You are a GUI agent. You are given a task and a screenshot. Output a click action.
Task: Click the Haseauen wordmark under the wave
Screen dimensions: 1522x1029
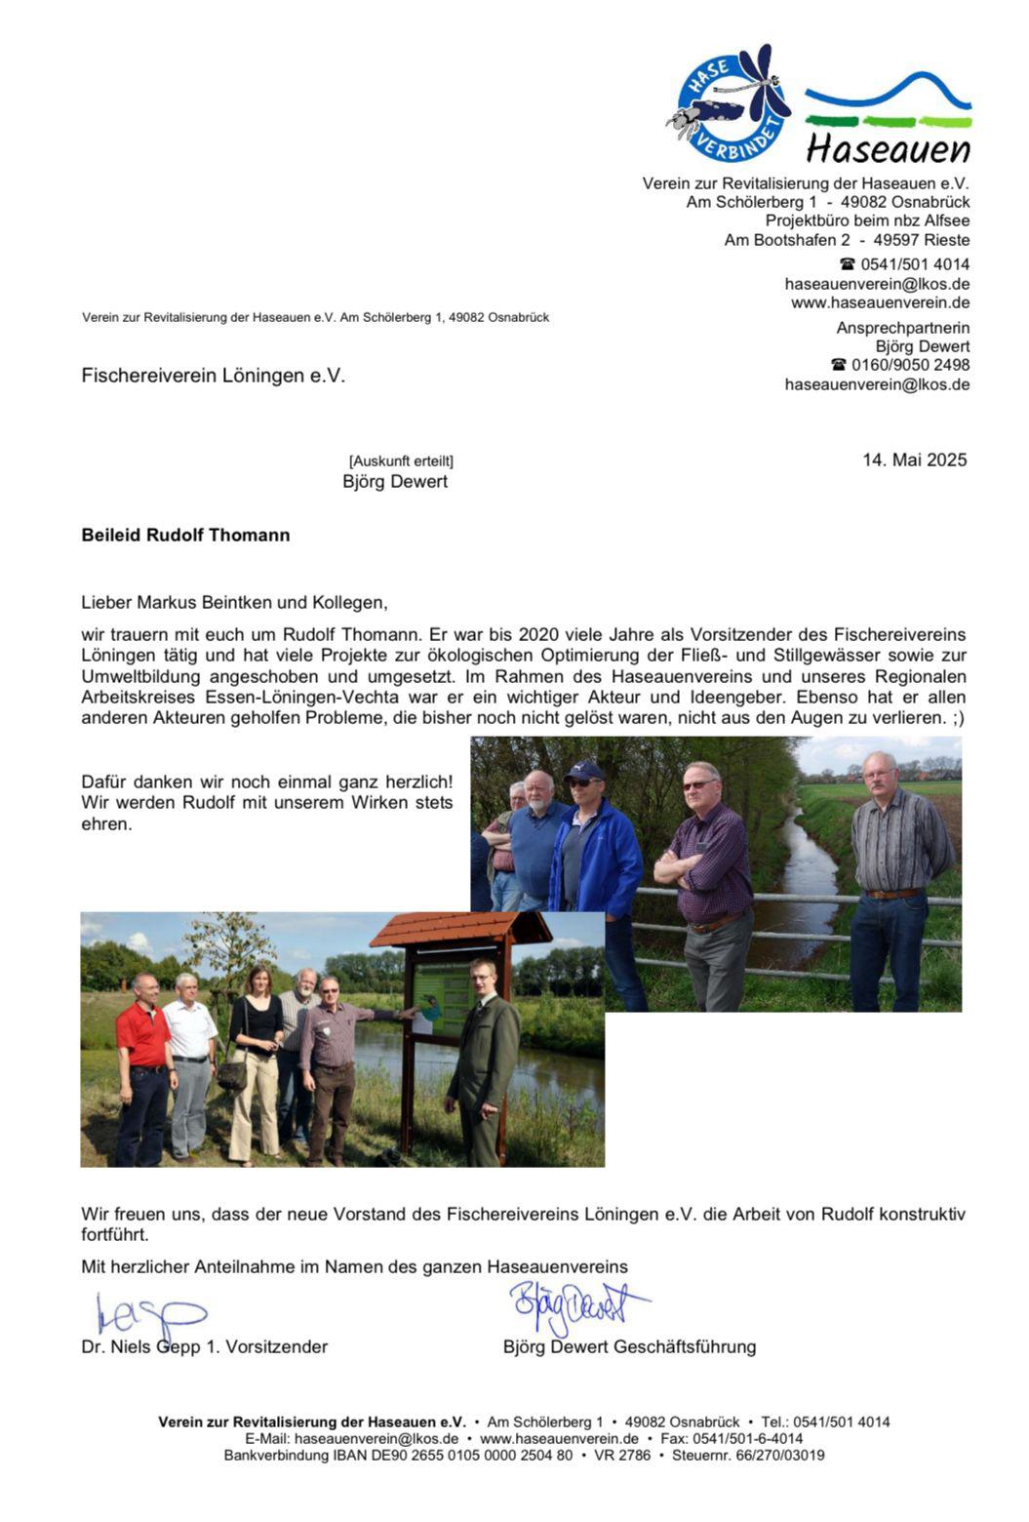pos(888,149)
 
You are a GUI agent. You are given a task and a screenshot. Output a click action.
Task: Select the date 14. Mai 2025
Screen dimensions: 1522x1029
pos(914,460)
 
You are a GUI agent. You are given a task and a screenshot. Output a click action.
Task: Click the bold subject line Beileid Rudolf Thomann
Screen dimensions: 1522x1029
pos(185,535)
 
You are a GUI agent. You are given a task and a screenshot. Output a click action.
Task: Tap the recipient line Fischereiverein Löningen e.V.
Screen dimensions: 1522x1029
pos(213,376)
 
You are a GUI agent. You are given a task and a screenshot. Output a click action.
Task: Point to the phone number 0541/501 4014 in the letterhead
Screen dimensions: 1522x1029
pos(914,264)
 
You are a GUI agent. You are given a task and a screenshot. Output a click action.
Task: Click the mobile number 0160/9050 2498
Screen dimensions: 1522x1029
pos(910,365)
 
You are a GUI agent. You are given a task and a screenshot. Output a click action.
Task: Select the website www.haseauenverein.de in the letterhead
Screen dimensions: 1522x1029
pos(880,302)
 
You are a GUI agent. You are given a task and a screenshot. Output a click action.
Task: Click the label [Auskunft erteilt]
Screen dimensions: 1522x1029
pos(401,461)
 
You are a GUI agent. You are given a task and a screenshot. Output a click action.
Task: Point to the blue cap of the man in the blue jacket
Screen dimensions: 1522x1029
pos(584,770)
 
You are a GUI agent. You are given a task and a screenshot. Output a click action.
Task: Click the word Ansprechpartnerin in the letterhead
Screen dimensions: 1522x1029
pos(902,328)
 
